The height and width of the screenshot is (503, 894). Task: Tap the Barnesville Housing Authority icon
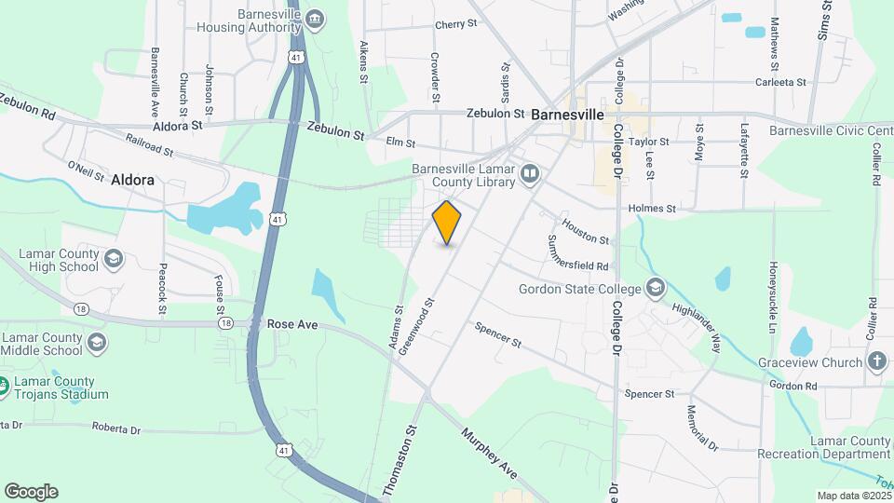[315, 20]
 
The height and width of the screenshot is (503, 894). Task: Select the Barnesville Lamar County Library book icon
[529, 173]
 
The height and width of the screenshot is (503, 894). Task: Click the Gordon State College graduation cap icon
[656, 288]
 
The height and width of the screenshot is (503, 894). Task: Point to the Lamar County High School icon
[113, 258]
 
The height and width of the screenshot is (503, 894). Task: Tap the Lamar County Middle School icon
[96, 344]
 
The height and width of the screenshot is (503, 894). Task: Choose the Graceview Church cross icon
[876, 361]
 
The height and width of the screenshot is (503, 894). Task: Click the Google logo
[31, 491]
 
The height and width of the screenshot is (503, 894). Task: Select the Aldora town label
[132, 180]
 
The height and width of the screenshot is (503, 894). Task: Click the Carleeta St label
[781, 82]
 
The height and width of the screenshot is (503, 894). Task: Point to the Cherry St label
[456, 25]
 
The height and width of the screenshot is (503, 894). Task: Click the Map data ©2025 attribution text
[853, 496]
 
